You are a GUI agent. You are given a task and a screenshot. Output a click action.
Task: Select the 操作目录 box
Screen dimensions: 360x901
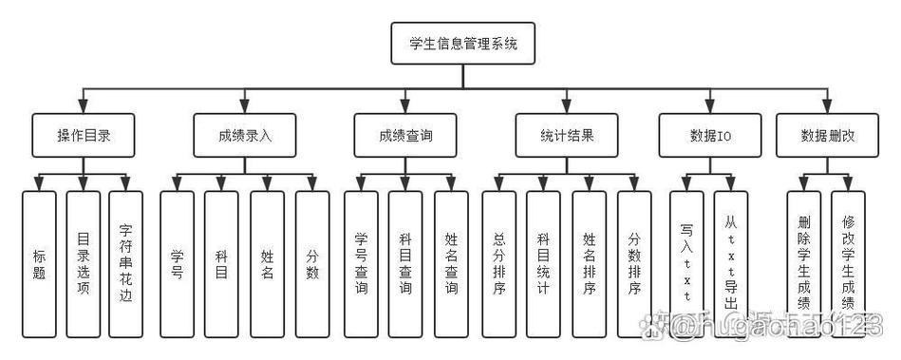tap(84, 136)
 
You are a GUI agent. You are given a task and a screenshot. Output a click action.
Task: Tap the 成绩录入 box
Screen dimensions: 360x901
tap(245, 136)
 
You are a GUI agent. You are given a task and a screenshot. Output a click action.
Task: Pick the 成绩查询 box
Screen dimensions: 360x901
tap(406, 136)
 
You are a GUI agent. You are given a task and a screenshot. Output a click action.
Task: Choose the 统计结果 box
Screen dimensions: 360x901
tap(567, 136)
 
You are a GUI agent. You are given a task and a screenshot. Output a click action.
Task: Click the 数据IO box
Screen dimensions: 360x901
tap(709, 136)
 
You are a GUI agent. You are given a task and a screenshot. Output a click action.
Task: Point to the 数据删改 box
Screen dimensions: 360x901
tap(827, 136)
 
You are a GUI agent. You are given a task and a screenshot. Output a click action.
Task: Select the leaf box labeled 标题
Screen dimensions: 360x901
tap(39, 264)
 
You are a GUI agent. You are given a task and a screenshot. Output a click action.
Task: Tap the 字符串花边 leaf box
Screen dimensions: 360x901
tap(126, 264)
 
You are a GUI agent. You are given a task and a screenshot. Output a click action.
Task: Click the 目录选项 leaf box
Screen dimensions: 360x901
tap(84, 264)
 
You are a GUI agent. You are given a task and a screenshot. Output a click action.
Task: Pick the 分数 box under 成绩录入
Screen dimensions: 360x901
tap(312, 264)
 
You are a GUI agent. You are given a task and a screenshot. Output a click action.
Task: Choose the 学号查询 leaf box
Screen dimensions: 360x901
tap(361, 264)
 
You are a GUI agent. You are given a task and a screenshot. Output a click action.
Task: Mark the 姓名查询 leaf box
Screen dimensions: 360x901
tap(451, 264)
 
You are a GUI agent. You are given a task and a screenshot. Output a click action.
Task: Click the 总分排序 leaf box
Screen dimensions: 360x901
tap(499, 264)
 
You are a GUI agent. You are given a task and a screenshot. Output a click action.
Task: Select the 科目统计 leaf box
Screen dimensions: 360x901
tap(544, 264)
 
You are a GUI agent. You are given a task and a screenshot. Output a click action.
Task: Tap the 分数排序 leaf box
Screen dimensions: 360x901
tap(634, 264)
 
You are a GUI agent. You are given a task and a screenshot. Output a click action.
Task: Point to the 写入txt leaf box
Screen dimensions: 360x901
tap(686, 264)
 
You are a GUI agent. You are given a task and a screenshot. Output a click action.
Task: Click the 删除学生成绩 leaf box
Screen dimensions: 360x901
tap(803, 264)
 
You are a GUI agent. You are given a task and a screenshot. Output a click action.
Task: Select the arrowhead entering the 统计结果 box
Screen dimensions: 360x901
tap(567, 107)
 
